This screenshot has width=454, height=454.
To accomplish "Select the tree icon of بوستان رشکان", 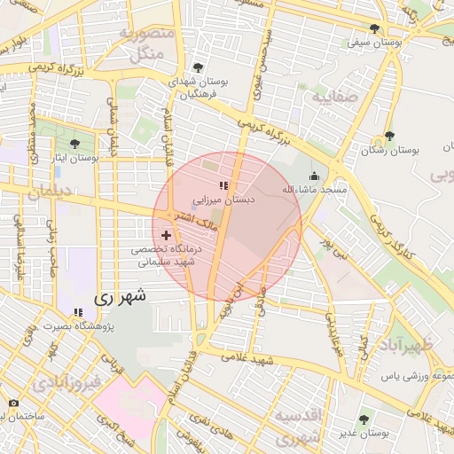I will pyautogui.click(x=389, y=137).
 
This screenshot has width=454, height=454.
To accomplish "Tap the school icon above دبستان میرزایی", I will pyautogui.click(x=223, y=185).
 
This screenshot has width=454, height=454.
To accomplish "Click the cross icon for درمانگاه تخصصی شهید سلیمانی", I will pyautogui.click(x=167, y=235).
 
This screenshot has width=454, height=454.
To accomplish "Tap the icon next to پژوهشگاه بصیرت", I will pyautogui.click(x=79, y=312).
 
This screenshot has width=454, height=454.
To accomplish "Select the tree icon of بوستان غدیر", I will pyautogui.click(x=364, y=418).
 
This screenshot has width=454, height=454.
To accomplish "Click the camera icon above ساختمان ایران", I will pyautogui.click(x=12, y=403).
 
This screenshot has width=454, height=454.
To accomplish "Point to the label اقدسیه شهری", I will pyautogui.click(x=301, y=427).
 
